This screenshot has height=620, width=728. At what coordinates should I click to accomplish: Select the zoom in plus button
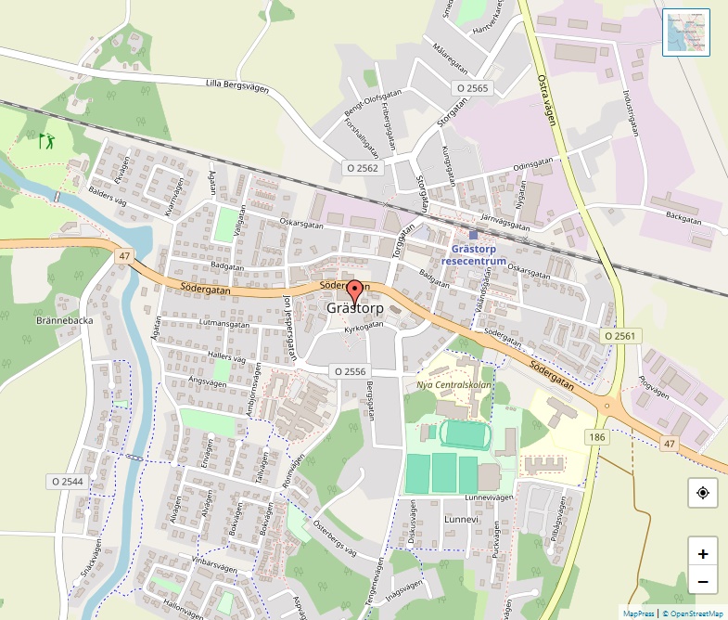pos(703,554)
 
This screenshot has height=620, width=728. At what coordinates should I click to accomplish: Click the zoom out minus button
pos(703,582)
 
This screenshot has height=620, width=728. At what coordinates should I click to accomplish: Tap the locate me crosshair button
pos(703,492)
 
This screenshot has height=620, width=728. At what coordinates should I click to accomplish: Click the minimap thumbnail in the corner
pos(686,32)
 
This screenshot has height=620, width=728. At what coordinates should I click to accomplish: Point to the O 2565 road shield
pos(472,88)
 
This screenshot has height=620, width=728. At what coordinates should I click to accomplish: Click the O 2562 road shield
pos(363,168)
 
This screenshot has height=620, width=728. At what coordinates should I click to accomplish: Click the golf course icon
pos(45,141)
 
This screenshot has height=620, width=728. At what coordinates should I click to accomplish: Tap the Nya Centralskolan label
pos(453,385)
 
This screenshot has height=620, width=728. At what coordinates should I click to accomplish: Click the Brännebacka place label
pos(39,321)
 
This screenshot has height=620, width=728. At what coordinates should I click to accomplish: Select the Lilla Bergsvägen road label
pos(236,85)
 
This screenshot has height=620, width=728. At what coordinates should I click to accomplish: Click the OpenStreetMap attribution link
pos(693,614)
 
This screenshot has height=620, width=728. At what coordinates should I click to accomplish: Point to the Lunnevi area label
pos(461,520)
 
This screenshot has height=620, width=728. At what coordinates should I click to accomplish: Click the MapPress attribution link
pos(639,614)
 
